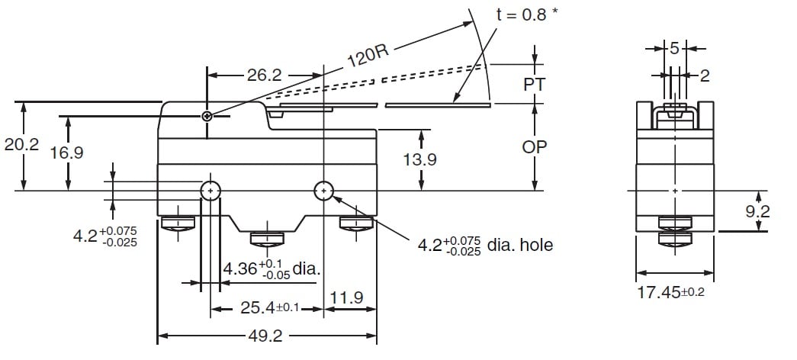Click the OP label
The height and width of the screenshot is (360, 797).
(x=535, y=146)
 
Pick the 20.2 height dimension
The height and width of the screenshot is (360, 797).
(x=21, y=145)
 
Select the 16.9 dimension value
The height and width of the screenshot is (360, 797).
(x=67, y=153)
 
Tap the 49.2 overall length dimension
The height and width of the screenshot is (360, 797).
(x=266, y=335)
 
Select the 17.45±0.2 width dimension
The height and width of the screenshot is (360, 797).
(x=670, y=291)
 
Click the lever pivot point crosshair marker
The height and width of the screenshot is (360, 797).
(x=207, y=116)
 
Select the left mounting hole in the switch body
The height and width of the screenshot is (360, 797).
(x=210, y=190)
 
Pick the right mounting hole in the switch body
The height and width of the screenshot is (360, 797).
(x=324, y=190)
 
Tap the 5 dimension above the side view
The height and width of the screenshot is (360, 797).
(x=674, y=48)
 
